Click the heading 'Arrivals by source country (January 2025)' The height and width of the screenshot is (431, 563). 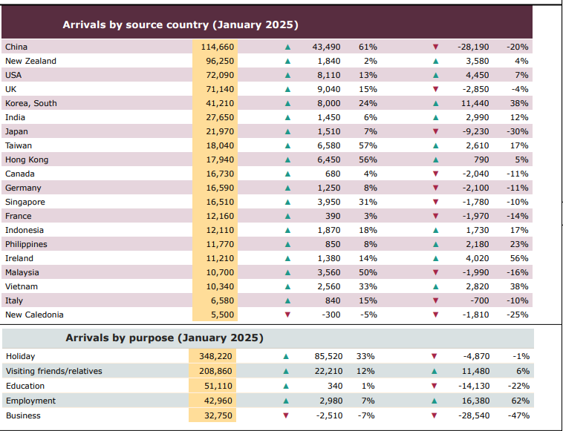pos(180,24)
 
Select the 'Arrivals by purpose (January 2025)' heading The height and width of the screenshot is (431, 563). pos(164,338)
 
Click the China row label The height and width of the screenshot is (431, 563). pos(16,47)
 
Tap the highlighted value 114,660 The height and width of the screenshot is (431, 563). pos(218,47)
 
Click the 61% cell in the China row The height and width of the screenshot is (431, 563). pos(368,47)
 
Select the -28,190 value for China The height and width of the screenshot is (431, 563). pos(473,47)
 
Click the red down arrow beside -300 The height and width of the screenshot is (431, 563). pos(287,315)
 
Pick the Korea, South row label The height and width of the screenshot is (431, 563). pos(30,103)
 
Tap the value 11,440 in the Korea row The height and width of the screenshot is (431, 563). pos(475,103)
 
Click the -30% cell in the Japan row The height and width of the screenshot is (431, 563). pos(517,131)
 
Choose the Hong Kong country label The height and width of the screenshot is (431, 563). pos(26,159)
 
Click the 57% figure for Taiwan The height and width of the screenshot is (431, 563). pos(368,145)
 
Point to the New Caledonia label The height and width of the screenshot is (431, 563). pos(34,315)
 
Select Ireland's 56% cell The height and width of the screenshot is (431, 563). pos(518,258)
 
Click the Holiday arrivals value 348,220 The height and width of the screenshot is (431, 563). pos(215,356)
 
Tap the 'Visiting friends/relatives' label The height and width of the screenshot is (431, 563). pos(53,371)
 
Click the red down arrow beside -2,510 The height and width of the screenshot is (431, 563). pos(286,415)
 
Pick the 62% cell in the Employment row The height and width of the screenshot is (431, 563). pos(518,401)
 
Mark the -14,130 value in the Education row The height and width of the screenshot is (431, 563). pos(473,386)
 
